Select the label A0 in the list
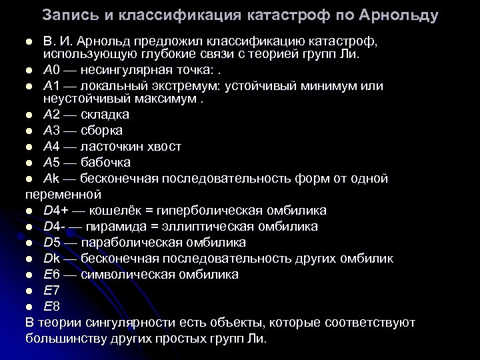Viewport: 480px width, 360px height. (x=52, y=70)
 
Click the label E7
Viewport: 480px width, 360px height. (x=51, y=291)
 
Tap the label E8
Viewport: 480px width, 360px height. (x=51, y=307)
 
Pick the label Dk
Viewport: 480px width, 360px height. (x=52, y=258)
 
